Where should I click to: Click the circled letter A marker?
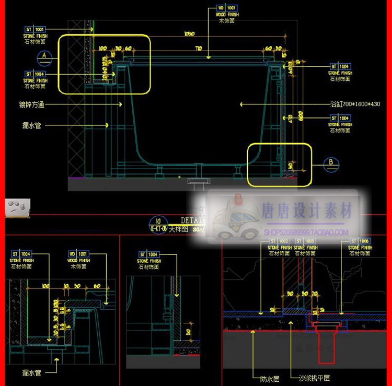44,55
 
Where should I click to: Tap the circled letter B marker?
330,163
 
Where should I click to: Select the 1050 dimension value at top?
189,34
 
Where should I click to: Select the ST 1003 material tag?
305,241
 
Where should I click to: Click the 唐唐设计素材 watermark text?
307,212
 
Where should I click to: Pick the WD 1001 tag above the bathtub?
227,8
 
